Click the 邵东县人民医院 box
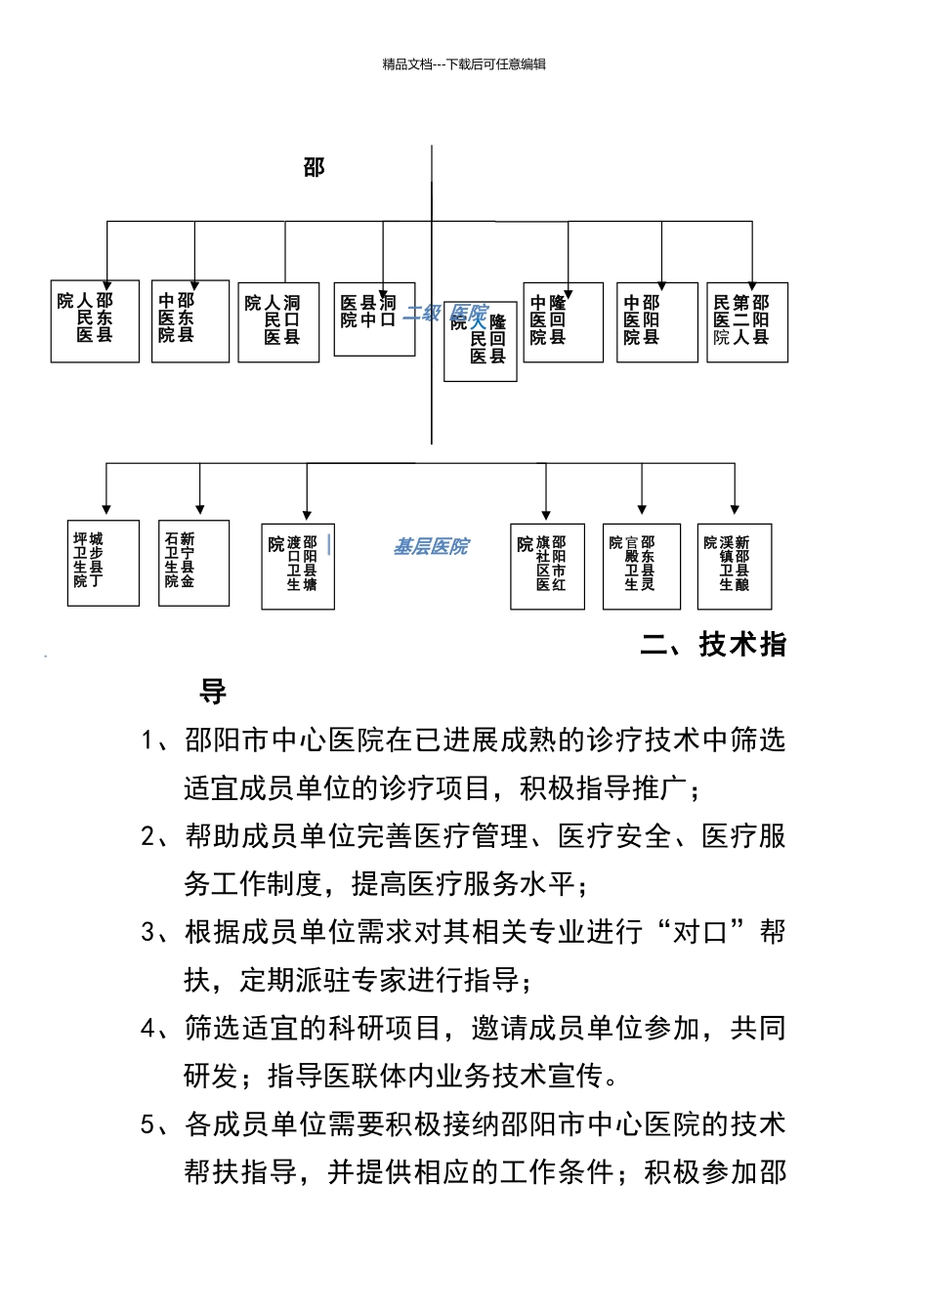pyautogui.click(x=95, y=321)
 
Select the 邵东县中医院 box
pyautogui.click(x=190, y=321)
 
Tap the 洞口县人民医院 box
pyautogui.click(x=278, y=322)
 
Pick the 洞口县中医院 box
pyautogui.click(x=374, y=319)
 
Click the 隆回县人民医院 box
pyautogui.click(x=480, y=341)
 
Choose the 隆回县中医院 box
pyautogui.click(x=563, y=322)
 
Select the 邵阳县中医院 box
pyautogui.click(x=656, y=322)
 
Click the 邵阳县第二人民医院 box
pyautogui.click(x=746, y=322)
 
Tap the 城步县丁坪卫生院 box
pyautogui.click(x=103, y=563)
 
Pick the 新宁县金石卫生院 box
pyautogui.click(x=193, y=563)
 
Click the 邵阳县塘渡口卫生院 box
pyautogui.click(x=298, y=566)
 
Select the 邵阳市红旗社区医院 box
pyautogui.click(x=547, y=566)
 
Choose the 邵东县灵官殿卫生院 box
pyautogui.click(x=641, y=566)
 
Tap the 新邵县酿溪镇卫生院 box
pyautogui.click(x=735, y=566)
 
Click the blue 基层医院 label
pyautogui.click(x=431, y=547)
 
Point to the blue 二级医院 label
pyautogui.click(x=445, y=314)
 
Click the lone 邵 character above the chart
pyautogui.click(x=314, y=168)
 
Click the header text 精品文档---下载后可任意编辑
pyautogui.click(x=464, y=64)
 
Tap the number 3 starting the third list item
pyautogui.click(x=148, y=932)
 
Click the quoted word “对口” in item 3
pyautogui.click(x=700, y=932)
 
